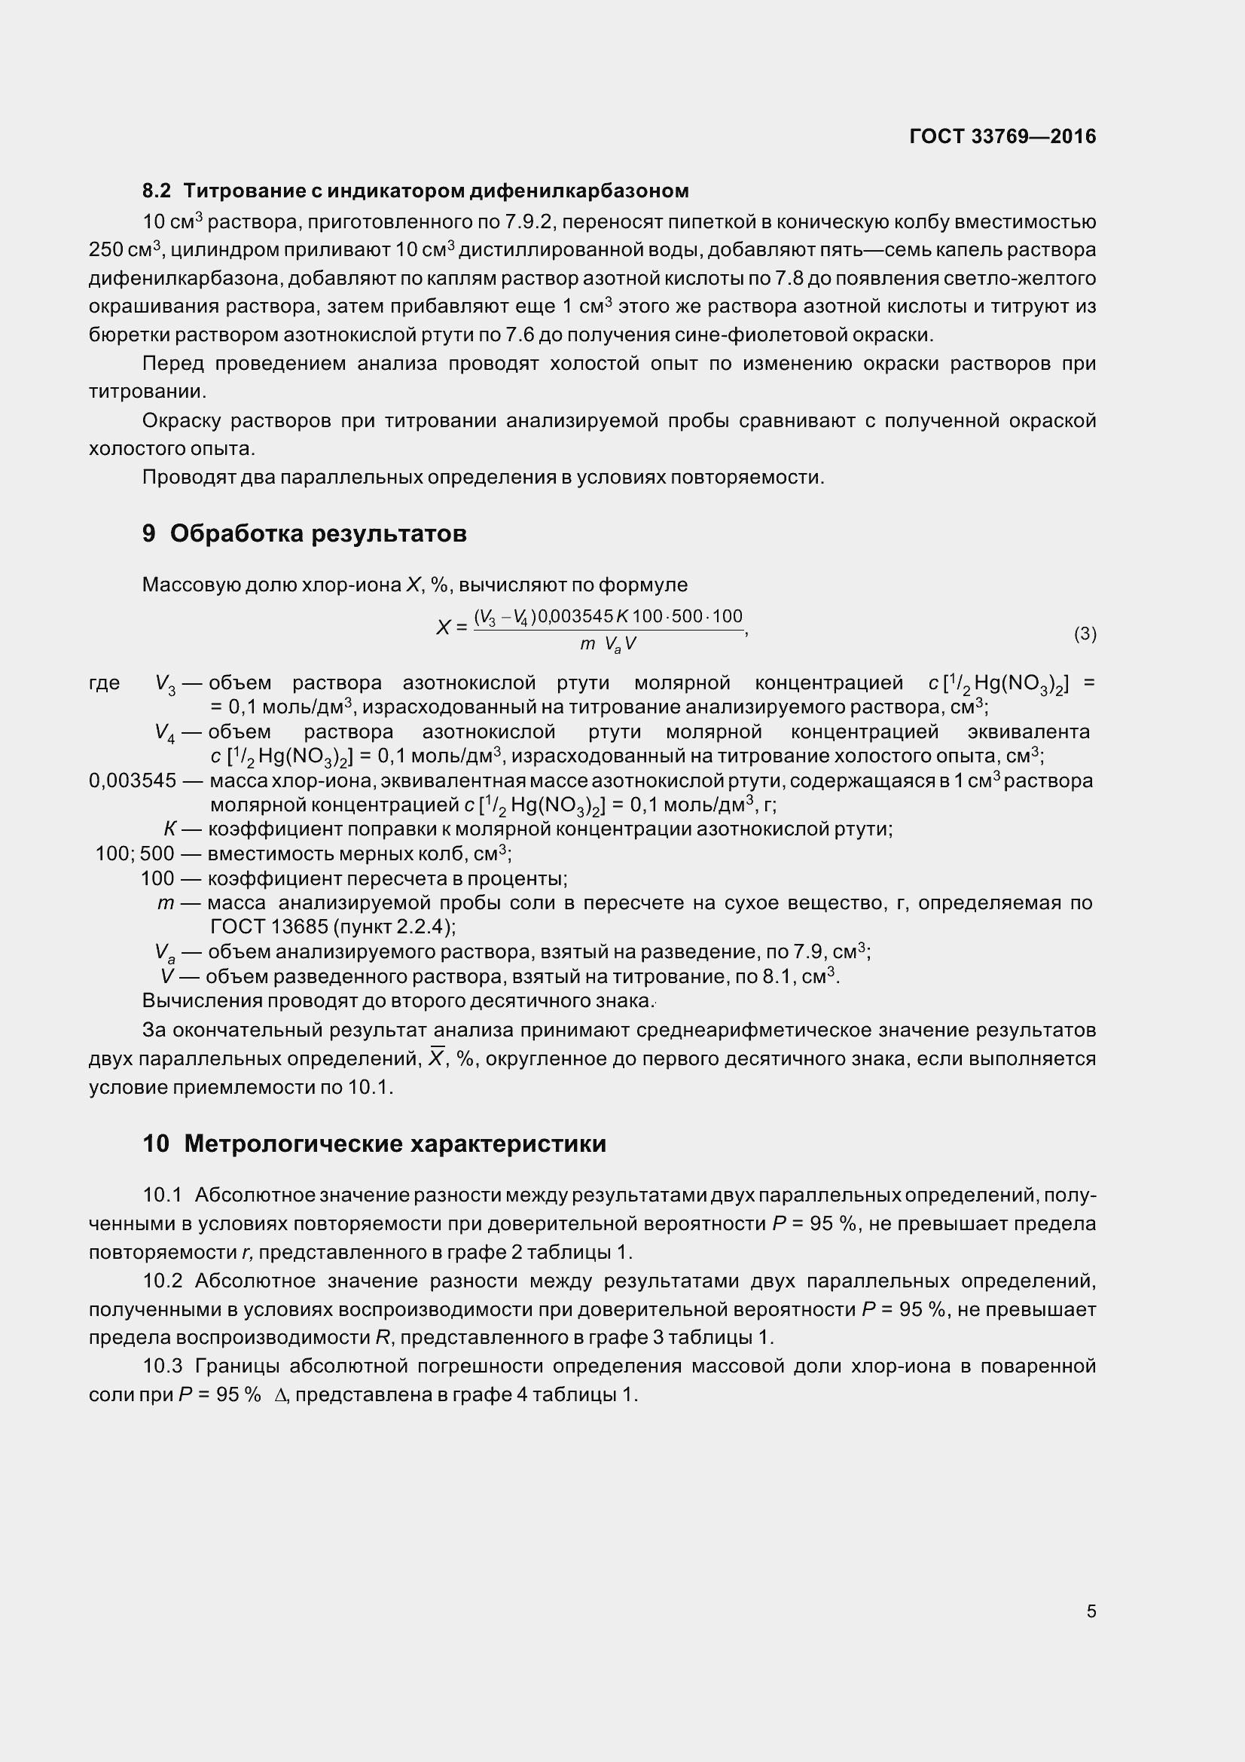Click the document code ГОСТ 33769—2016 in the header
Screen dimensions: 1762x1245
1002,136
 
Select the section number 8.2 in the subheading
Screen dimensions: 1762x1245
157,191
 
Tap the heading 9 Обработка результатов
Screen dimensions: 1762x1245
304,533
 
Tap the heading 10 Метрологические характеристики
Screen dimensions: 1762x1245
374,1144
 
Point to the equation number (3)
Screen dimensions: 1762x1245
1085,634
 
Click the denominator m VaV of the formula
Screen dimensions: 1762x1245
608,645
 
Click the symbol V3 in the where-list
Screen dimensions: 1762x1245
165,684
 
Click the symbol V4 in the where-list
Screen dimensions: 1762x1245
165,733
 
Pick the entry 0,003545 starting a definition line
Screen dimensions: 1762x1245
132,781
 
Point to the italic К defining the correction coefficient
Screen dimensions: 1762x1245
170,829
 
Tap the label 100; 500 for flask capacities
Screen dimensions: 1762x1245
134,854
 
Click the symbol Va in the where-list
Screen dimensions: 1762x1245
165,953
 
